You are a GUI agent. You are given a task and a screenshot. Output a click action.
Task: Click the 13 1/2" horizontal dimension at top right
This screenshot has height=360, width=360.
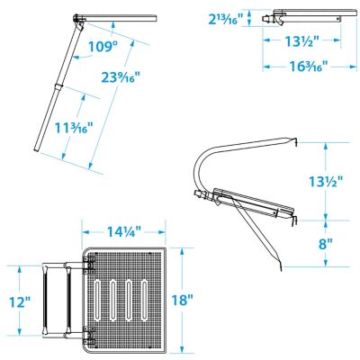(301, 40)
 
